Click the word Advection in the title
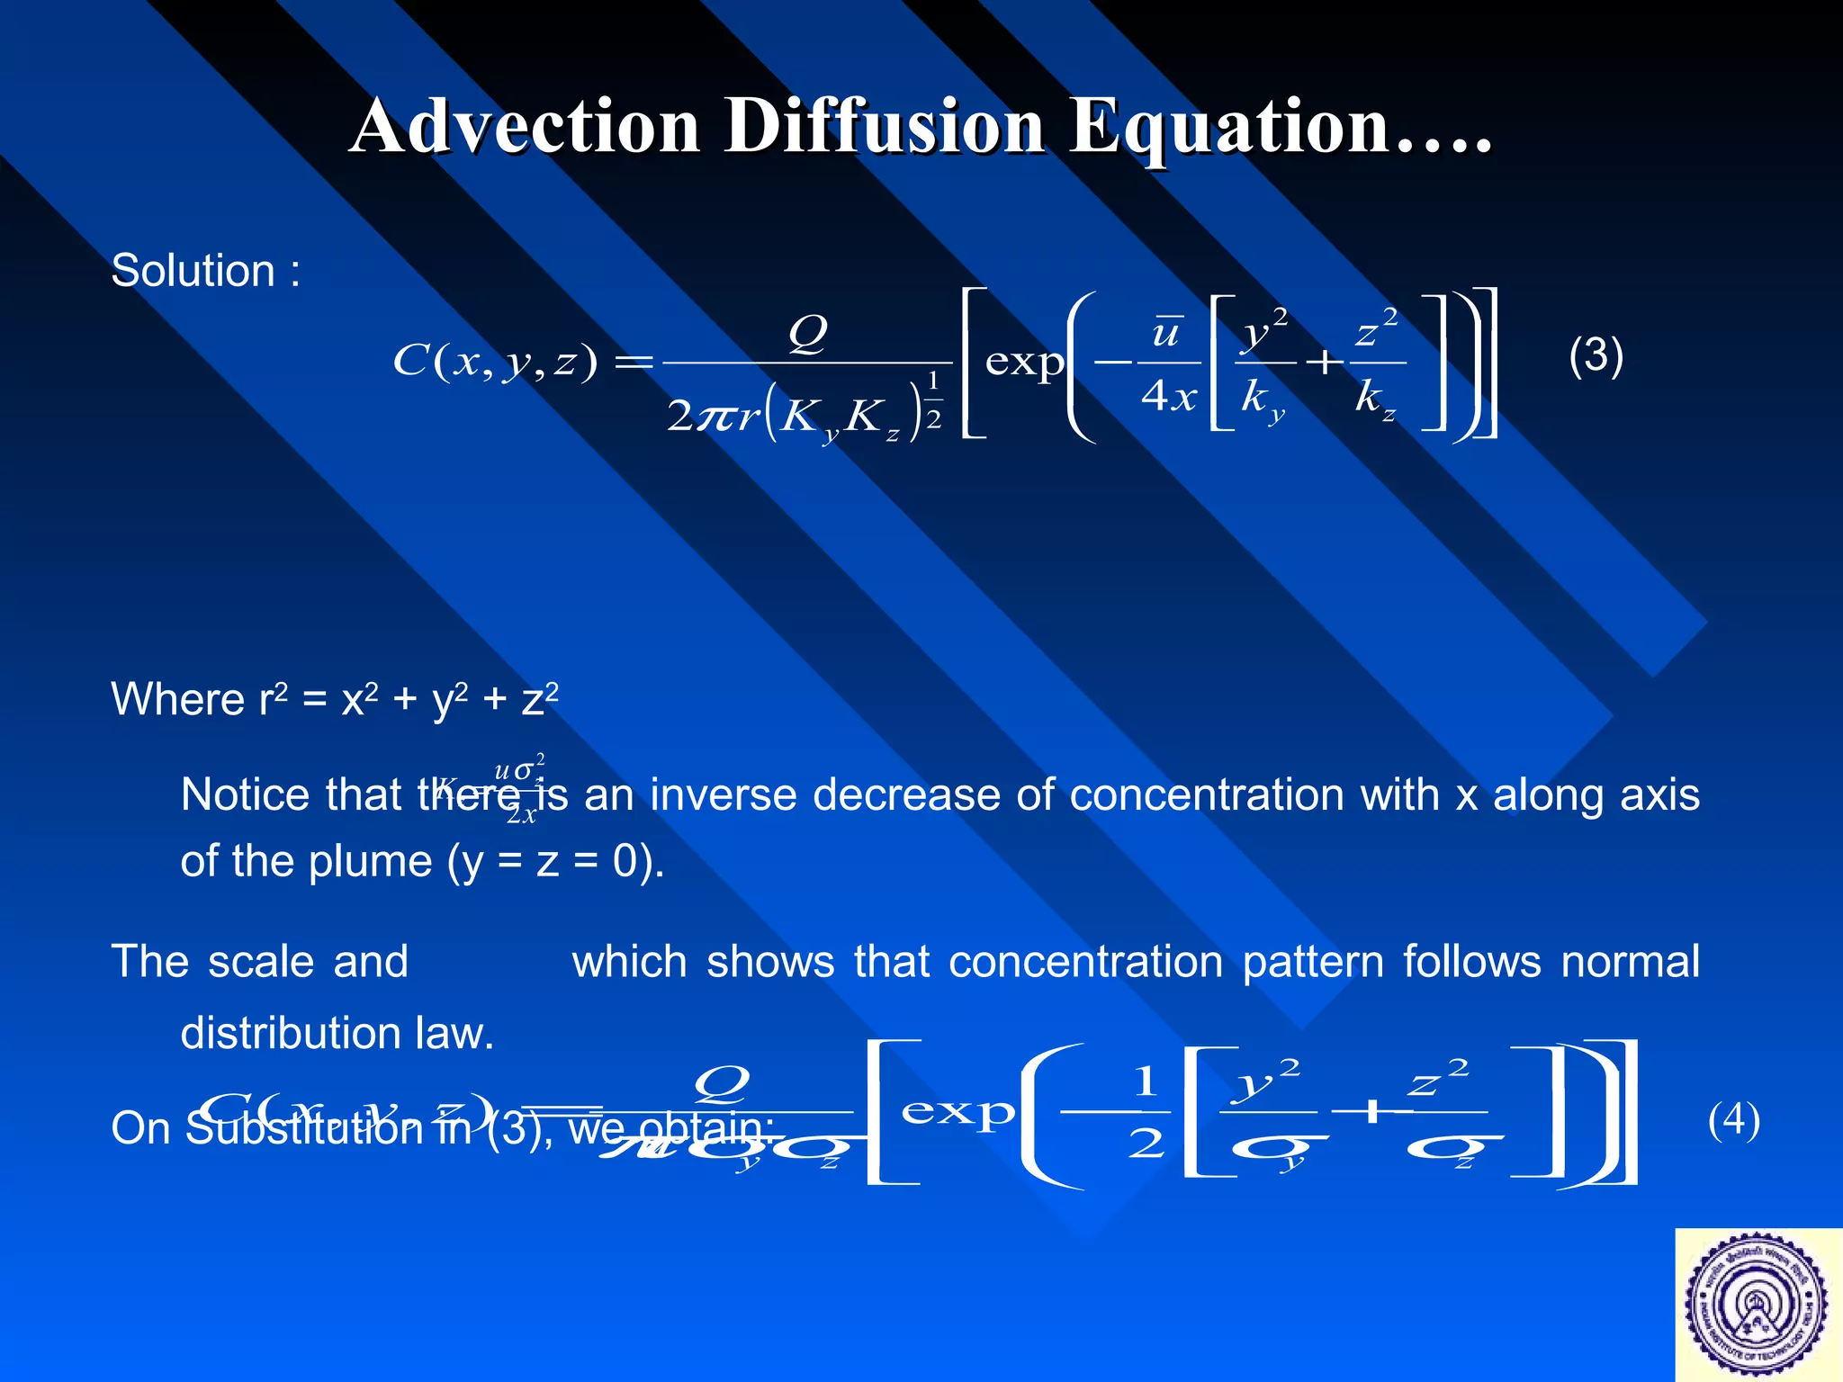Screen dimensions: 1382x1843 526,126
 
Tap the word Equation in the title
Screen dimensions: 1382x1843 1228,128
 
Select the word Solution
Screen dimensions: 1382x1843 193,270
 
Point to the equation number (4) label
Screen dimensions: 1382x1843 1733,1120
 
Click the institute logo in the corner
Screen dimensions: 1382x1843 1758,1305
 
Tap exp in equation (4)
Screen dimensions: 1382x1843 957,1113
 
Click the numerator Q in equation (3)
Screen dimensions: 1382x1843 807,333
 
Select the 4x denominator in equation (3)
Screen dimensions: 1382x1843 1169,395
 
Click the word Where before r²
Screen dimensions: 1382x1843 178,699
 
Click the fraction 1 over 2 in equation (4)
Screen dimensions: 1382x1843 1146,1113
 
